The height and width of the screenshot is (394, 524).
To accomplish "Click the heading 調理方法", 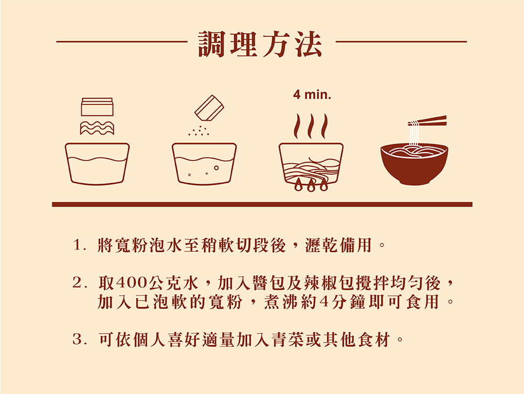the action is (260, 44).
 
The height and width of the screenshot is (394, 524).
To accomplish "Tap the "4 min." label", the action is (312, 95).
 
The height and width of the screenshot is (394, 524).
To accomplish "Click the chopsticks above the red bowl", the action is (428, 121).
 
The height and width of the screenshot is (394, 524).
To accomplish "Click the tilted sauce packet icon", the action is (209, 108).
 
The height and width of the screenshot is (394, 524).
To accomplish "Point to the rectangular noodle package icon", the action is (97, 107).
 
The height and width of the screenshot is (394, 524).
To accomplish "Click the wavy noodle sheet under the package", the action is (97, 128).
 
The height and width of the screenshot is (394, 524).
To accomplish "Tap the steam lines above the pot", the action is (311, 126).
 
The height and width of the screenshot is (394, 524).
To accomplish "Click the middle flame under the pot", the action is (311, 185).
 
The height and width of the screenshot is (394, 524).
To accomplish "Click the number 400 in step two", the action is (132, 283).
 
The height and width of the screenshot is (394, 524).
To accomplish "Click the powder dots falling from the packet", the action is (199, 131).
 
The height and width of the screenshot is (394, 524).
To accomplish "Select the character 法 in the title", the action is (308, 44).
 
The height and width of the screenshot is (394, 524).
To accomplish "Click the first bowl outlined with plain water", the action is (97, 164).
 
